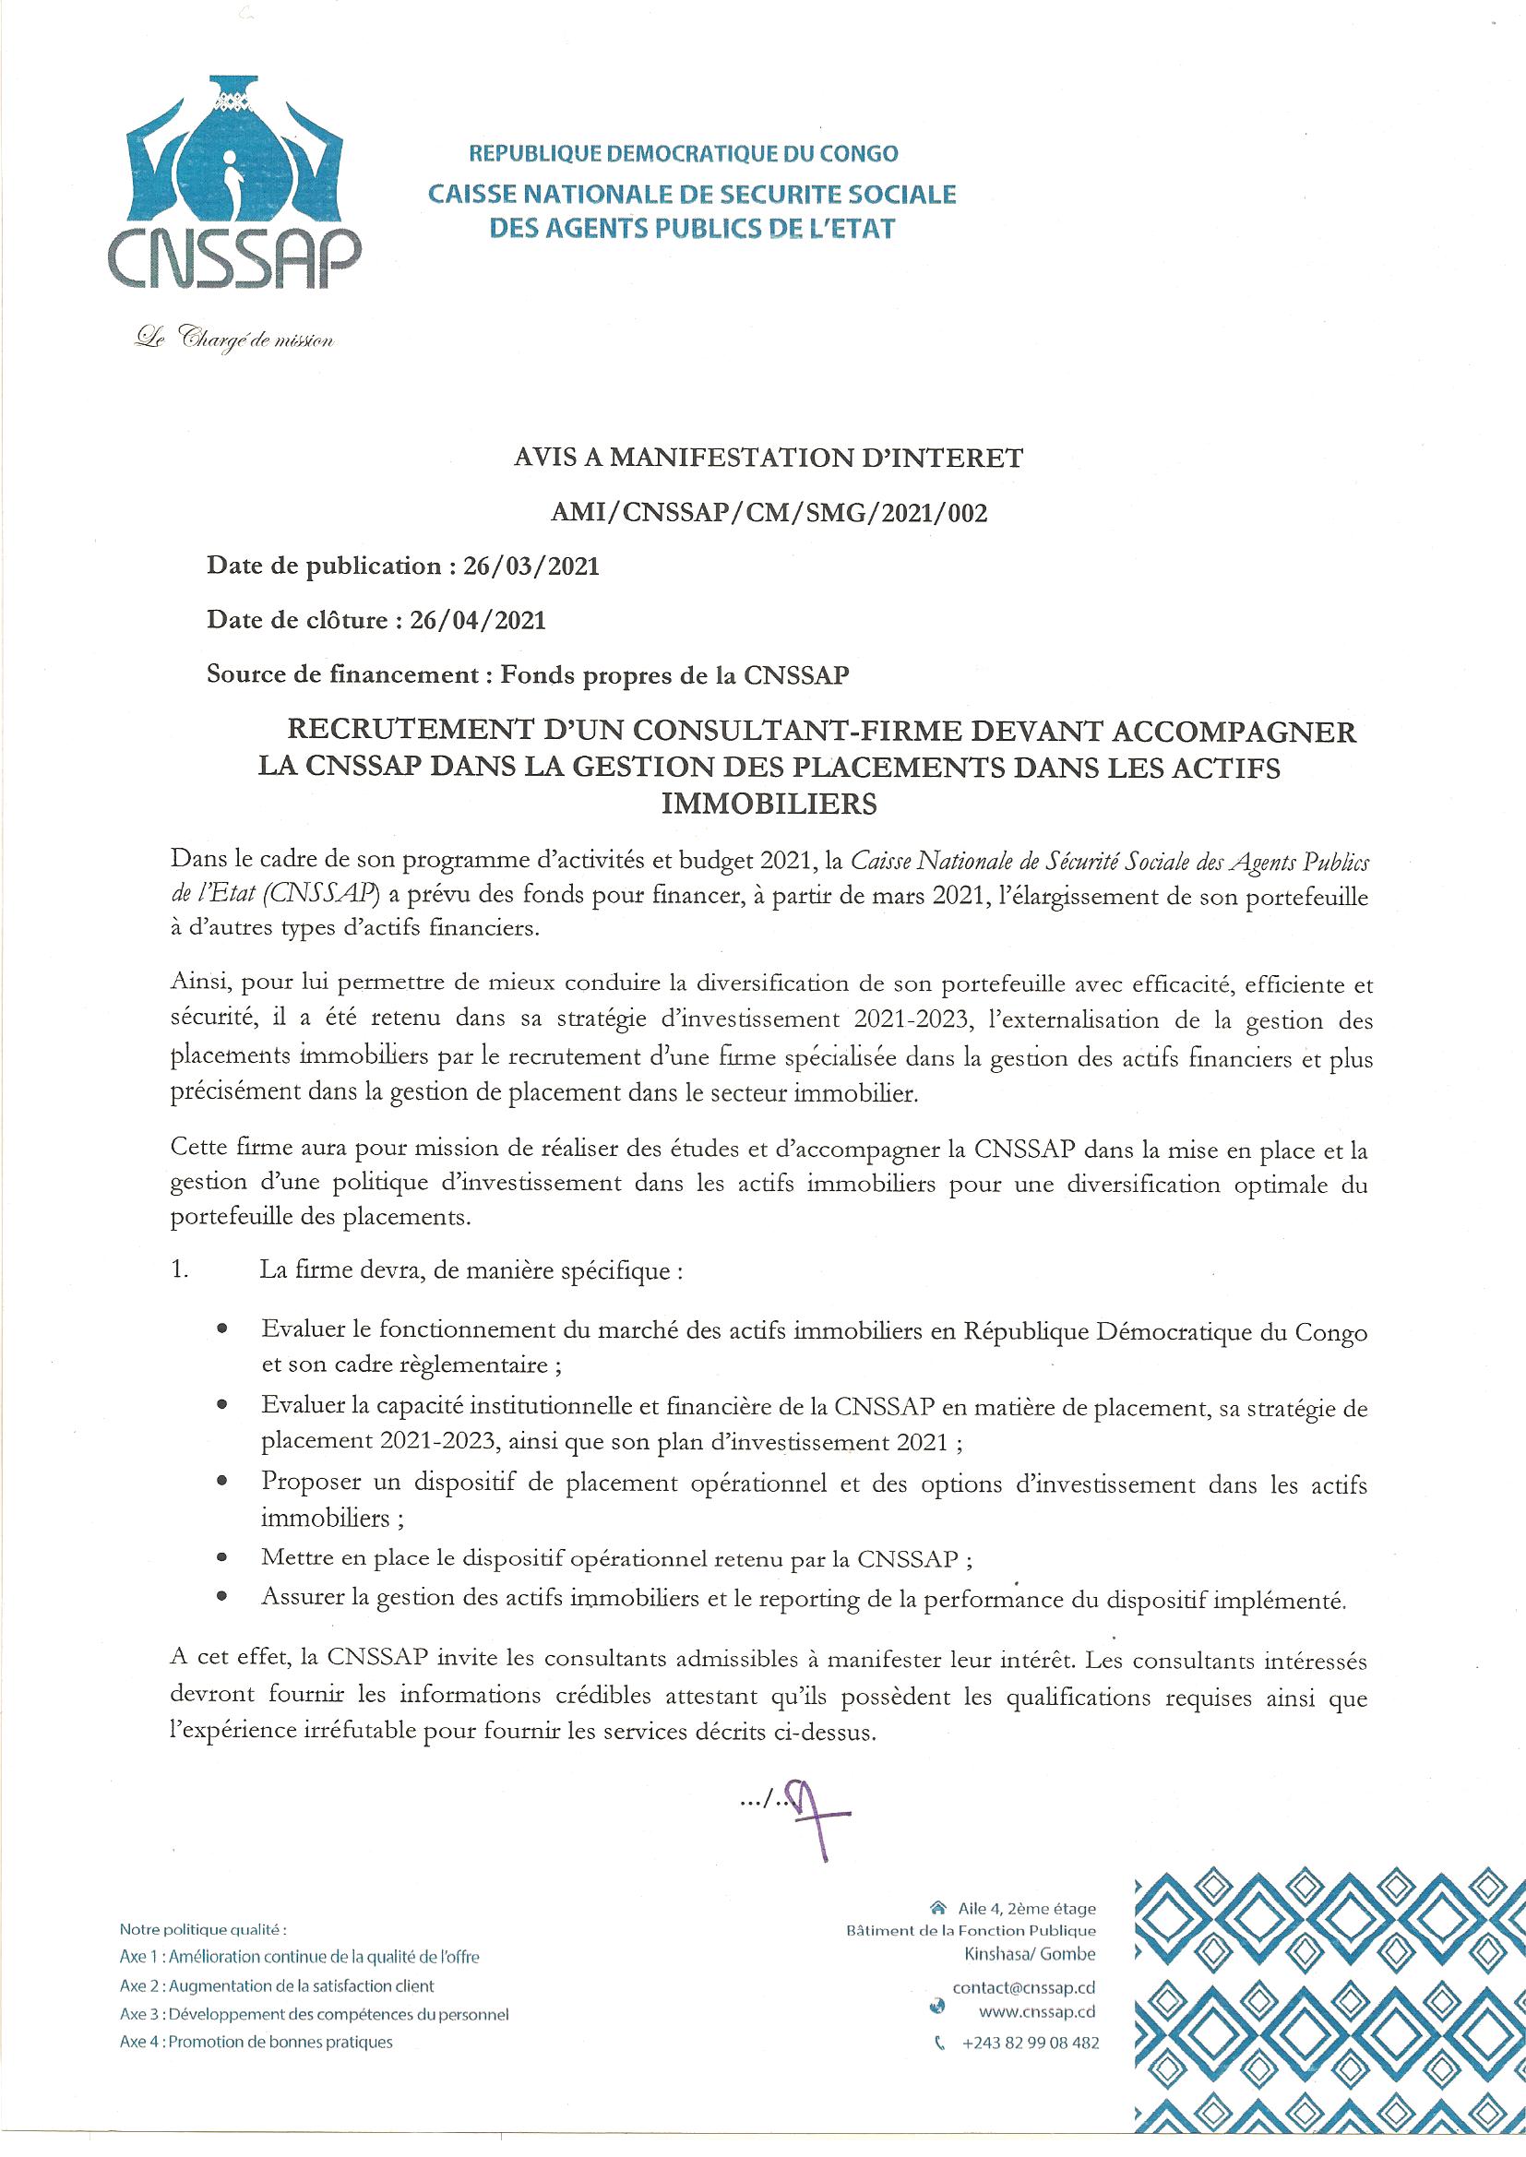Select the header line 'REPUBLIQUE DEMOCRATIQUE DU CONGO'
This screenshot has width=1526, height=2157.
tap(683, 153)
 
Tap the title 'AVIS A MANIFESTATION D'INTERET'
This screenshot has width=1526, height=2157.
tap(769, 459)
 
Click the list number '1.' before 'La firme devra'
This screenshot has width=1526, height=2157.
tap(181, 1272)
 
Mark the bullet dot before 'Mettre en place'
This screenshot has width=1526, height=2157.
tap(221, 1558)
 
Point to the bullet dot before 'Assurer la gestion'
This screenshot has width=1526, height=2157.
tap(221, 1596)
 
